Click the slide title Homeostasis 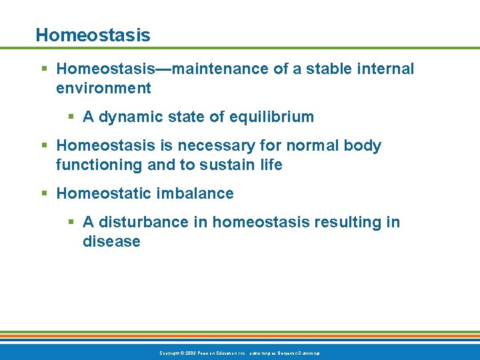coord(93,35)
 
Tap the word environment coord(103,88)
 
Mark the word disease coord(111,241)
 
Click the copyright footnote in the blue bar coord(239,352)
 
